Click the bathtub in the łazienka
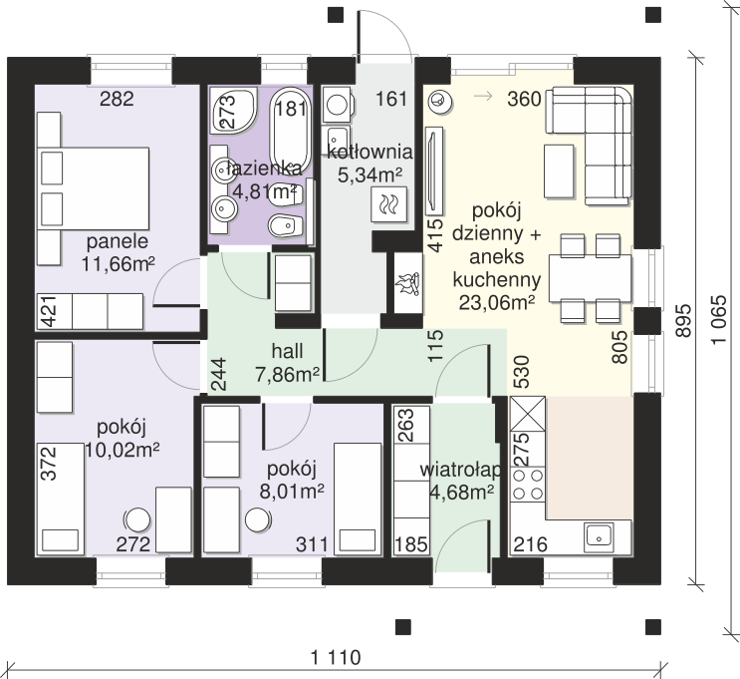click(x=290, y=129)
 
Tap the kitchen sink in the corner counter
click(x=599, y=537)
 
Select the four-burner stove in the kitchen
click(x=528, y=485)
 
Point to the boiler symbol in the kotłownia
click(x=389, y=203)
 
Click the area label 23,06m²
click(x=496, y=302)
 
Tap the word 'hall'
click(x=287, y=351)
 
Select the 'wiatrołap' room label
click(x=460, y=471)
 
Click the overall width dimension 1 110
click(x=336, y=657)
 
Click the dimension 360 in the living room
click(x=524, y=100)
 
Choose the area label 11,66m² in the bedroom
click(x=118, y=263)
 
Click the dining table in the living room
click(x=590, y=278)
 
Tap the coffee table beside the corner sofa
click(x=559, y=171)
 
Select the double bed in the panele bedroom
click(x=94, y=188)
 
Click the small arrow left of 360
click(x=483, y=97)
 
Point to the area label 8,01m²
click(x=292, y=492)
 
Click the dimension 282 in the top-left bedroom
click(x=117, y=99)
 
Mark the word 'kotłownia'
click(x=370, y=153)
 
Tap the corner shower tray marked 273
click(x=233, y=111)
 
